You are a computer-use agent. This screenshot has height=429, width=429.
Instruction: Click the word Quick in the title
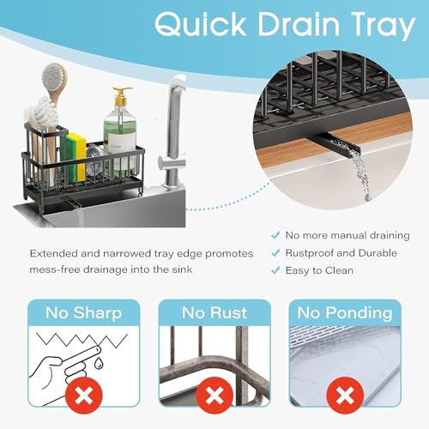[x=201, y=24]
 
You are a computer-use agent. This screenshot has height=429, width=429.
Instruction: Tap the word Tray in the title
[x=384, y=27]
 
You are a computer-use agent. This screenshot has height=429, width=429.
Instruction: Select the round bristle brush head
[x=53, y=77]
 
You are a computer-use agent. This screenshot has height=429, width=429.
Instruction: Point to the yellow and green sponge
[x=74, y=157]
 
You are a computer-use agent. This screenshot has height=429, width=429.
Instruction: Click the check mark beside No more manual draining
[x=275, y=235]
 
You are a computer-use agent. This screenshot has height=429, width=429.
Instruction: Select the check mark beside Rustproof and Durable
[x=275, y=253]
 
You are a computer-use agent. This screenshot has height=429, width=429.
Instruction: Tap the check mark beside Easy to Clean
[x=275, y=270]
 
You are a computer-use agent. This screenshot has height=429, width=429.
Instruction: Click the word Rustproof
[x=310, y=253]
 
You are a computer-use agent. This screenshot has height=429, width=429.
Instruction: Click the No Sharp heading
[x=84, y=313]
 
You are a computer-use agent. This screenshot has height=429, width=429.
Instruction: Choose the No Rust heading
[x=214, y=312]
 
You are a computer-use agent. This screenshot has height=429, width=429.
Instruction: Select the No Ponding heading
[x=345, y=313]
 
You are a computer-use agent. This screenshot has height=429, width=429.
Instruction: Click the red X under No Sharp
[x=84, y=396]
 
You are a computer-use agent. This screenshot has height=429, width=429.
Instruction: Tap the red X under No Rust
[x=214, y=396]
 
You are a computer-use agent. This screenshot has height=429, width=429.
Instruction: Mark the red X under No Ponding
[x=345, y=396]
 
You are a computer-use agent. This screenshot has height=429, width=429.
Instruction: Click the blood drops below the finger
[x=99, y=363]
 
